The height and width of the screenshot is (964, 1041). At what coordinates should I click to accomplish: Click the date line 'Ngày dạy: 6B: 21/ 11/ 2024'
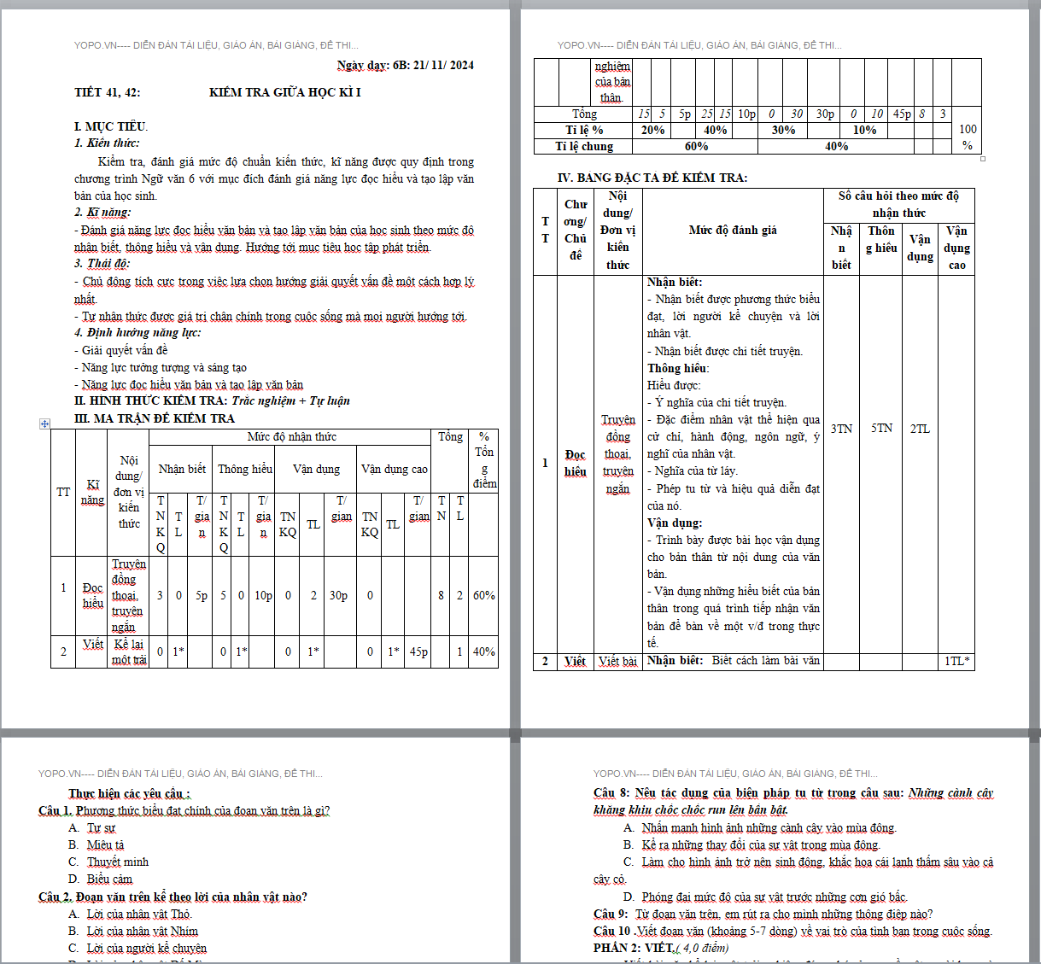tap(405, 65)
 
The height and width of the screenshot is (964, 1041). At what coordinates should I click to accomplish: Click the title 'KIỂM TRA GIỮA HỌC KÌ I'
tap(284, 92)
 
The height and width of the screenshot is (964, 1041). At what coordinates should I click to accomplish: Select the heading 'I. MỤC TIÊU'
tap(110, 126)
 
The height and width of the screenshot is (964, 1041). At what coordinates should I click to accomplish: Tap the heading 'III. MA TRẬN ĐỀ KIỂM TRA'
tap(154, 418)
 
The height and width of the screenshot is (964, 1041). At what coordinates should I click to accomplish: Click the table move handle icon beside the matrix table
tap(44, 424)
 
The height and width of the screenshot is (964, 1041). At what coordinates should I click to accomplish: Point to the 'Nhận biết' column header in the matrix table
tap(182, 469)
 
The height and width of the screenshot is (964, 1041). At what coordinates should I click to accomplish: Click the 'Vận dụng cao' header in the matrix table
tap(394, 469)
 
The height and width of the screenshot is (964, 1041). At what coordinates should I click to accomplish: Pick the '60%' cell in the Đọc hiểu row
tap(484, 595)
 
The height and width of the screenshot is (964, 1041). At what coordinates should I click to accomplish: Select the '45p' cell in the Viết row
tap(418, 651)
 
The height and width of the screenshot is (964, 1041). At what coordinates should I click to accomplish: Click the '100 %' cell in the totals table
tap(967, 137)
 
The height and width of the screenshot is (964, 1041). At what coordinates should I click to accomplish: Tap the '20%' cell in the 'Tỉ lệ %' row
tap(652, 130)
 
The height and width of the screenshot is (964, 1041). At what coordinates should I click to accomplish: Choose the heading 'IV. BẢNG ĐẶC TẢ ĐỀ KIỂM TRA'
tap(652, 178)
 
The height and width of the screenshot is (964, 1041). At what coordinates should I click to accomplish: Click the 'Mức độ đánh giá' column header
tap(733, 230)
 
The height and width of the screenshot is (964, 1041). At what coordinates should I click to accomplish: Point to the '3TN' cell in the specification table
tap(841, 429)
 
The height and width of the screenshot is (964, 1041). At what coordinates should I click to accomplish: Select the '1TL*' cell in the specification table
tap(956, 661)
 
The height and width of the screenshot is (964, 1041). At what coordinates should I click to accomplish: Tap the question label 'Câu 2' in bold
tap(54, 897)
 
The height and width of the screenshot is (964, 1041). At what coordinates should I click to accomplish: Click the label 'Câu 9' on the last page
tap(611, 914)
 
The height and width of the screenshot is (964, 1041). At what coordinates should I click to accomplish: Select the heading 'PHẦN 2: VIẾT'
tap(633, 948)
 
